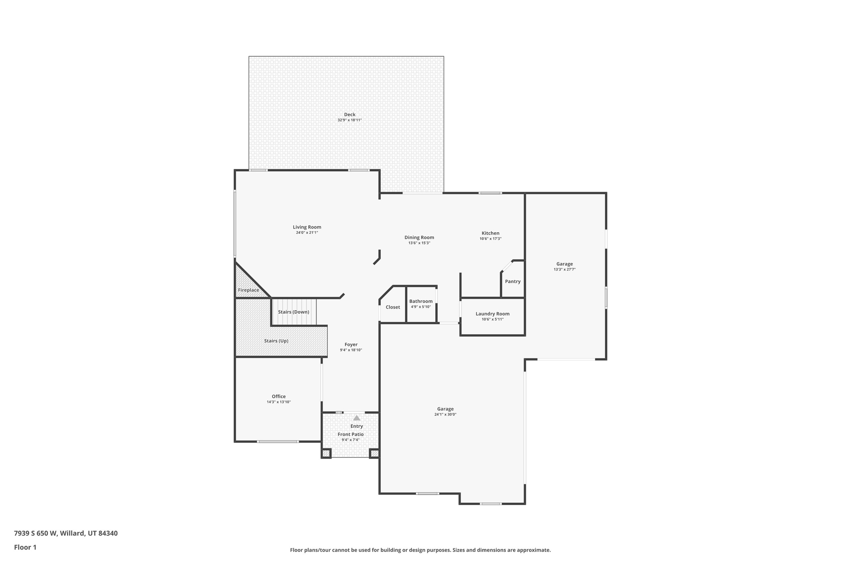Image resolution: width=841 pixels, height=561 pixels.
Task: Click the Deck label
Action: [x=349, y=115]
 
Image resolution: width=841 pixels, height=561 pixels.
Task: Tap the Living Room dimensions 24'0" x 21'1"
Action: [x=307, y=233]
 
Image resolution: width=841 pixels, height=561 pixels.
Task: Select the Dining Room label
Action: [x=419, y=238]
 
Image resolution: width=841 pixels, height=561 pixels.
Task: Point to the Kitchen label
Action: [x=490, y=233]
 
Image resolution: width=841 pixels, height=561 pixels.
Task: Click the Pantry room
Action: [x=512, y=282]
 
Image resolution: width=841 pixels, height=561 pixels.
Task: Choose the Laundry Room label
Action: [x=492, y=314]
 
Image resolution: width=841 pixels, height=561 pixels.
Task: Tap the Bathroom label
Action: [x=420, y=301]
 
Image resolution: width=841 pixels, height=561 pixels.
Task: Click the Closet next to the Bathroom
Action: [x=393, y=307]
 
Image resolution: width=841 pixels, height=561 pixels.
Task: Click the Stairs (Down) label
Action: [x=293, y=312]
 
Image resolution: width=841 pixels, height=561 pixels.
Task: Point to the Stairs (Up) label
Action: [x=276, y=341]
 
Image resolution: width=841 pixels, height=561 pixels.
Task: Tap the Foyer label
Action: [x=351, y=345]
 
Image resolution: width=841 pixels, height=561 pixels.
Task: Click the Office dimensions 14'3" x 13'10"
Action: [x=278, y=402]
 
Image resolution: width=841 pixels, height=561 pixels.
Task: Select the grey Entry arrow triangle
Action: [x=356, y=418]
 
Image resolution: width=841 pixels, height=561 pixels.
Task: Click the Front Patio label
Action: [x=350, y=434]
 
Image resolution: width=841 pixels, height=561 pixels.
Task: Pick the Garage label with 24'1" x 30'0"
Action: [x=445, y=409]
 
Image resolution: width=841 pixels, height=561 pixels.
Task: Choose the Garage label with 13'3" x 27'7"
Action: [x=564, y=264]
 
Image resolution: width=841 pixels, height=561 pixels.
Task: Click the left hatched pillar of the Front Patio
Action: [x=326, y=454]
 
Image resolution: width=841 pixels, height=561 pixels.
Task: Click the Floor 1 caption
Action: [x=25, y=547]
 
